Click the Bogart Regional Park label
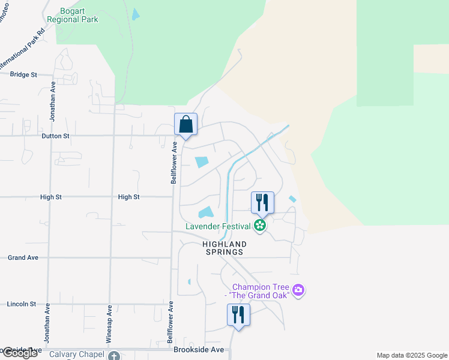[79, 15]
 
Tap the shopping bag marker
[186, 125]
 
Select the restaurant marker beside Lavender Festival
[262, 203]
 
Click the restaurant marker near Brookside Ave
[238, 315]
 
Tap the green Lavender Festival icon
[260, 226]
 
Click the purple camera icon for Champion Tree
[299, 291]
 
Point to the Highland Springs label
[224, 248]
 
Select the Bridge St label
[24, 74]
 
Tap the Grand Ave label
[23, 257]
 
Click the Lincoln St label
[22, 304]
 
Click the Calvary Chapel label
[77, 354]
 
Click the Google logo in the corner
[20, 353]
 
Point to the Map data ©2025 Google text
[412, 355]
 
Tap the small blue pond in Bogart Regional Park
[135, 14]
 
